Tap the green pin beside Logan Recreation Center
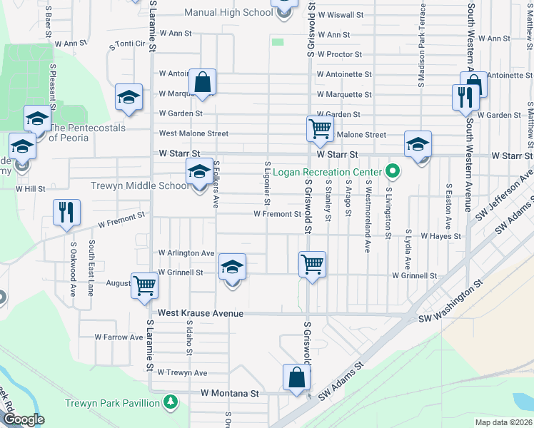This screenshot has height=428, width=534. coord(391,171)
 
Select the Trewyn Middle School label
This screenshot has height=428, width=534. coord(140,186)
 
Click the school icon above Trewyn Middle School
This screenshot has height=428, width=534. coord(199,171)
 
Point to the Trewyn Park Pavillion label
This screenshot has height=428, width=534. coord(112,403)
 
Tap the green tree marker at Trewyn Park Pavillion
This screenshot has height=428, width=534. coord(170,403)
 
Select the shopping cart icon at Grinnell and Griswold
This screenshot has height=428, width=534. coord(312,264)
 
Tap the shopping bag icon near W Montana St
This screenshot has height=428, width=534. coord(296,377)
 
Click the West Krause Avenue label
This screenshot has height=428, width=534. coord(201,313)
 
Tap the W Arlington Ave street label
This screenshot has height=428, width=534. coord(186,253)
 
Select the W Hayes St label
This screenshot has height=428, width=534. coord(440,235)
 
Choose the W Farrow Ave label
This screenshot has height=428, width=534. coord(119,337)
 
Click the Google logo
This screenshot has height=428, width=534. coord(24,420)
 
